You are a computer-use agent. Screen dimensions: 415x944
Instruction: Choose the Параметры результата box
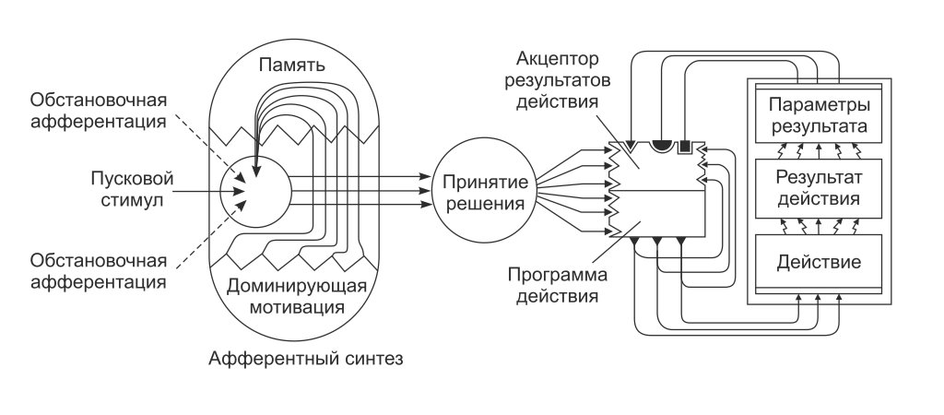click(818, 113)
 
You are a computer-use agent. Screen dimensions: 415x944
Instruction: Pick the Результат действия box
click(818, 187)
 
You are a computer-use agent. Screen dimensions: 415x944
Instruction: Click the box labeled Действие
click(818, 262)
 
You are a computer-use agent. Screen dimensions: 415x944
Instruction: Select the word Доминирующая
click(294, 284)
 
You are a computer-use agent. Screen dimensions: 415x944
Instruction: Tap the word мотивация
click(294, 304)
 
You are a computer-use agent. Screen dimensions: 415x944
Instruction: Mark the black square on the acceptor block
click(685, 147)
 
